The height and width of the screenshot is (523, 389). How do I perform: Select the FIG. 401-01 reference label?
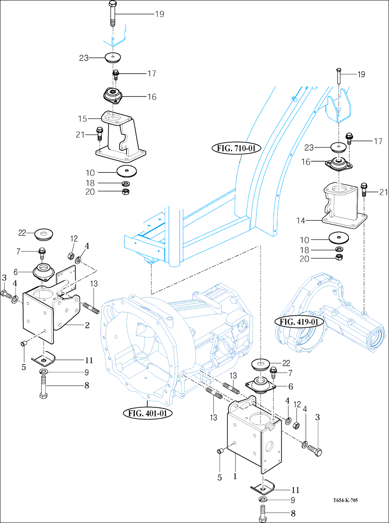[148, 413]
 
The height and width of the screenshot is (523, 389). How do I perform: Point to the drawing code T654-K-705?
[345, 501]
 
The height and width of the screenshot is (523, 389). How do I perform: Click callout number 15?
[82, 119]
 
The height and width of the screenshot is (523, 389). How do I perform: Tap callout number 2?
[87, 325]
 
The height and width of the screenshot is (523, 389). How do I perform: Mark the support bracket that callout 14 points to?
[343, 206]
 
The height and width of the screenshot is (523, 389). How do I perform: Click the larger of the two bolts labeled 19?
[113, 15]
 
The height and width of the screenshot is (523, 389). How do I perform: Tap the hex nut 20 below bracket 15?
[125, 192]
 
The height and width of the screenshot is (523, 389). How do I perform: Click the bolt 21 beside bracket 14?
[364, 189]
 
